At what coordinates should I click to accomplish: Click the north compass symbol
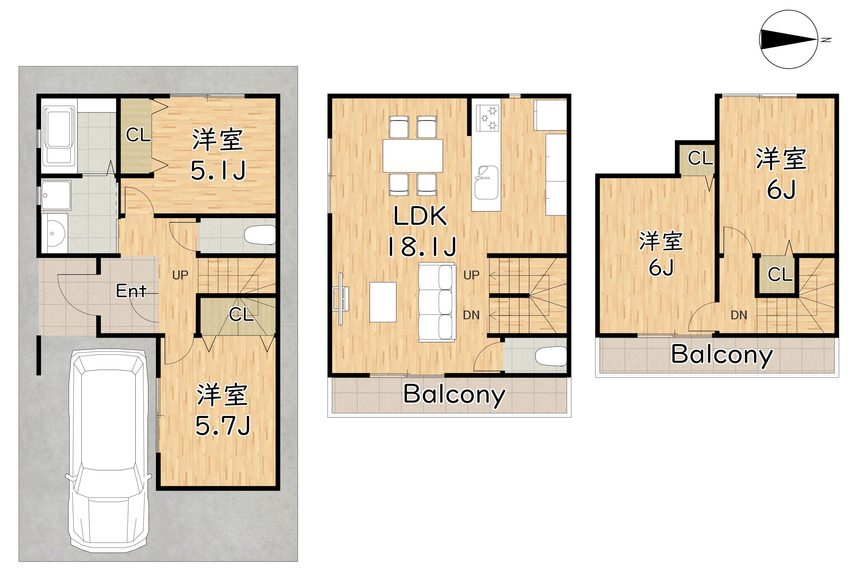point(788,40)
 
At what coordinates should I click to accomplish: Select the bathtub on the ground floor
point(59,136)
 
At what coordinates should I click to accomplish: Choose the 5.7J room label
point(223,410)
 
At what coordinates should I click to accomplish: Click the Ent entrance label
point(131,291)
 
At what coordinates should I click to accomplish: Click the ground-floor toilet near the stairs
point(260,235)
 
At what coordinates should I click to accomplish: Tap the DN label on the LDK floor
point(471,315)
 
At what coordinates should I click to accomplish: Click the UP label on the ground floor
point(180,275)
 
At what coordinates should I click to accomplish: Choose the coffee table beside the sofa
point(383,302)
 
